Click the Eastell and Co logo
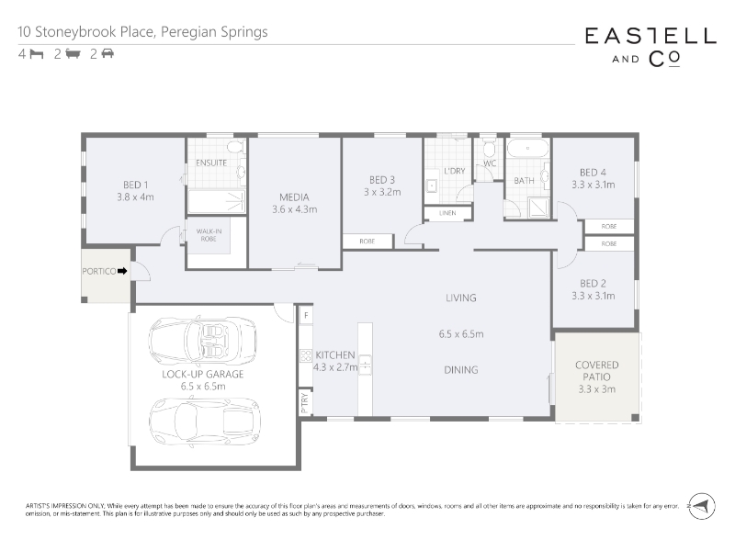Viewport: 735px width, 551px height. (x=650, y=48)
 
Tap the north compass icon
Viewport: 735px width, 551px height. (x=701, y=506)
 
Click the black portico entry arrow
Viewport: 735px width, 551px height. (x=122, y=271)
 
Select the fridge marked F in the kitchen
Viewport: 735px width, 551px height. (x=306, y=315)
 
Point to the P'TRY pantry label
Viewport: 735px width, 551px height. (x=305, y=402)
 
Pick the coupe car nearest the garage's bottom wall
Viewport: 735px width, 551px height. (x=205, y=422)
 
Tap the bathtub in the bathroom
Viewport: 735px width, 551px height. (x=528, y=148)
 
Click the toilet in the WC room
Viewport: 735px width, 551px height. (x=489, y=147)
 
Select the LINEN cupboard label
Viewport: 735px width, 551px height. (x=447, y=213)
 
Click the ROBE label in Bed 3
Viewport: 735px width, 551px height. (x=367, y=242)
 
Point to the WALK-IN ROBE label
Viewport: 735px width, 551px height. (x=209, y=235)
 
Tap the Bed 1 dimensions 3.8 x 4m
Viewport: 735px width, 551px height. (x=135, y=197)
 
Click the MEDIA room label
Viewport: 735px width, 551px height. (x=294, y=197)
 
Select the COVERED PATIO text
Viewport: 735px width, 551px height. (x=596, y=371)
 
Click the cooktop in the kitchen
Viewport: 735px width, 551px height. (x=306, y=355)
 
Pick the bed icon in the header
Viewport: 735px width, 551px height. (x=37, y=54)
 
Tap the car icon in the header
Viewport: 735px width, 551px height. (x=107, y=53)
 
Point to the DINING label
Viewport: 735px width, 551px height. (x=461, y=370)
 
